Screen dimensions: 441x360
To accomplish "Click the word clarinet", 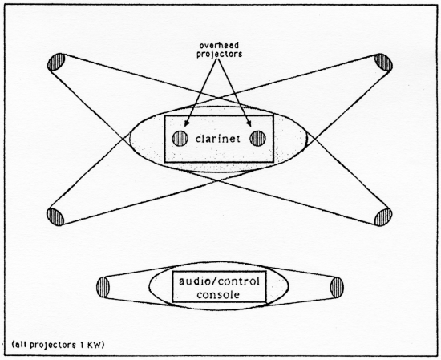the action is [218, 139].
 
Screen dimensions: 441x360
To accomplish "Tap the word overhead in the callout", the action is [219, 45].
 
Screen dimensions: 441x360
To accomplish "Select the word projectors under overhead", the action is [219, 54].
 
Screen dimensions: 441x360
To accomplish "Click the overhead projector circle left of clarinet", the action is [180, 139].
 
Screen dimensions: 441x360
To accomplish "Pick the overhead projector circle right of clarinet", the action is [258, 139].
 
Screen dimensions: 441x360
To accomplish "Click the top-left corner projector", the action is [56, 63].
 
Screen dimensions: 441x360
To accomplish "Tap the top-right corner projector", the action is [383, 63].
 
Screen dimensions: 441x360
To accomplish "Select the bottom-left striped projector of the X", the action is [55, 216].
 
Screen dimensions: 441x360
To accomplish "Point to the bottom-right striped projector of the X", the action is [383, 217].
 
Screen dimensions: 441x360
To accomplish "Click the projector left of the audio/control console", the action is [103, 287].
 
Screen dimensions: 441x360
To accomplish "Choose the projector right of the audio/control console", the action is [337, 287].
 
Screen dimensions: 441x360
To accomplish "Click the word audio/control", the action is [219, 281].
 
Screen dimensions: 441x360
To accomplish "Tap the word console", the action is [218, 295].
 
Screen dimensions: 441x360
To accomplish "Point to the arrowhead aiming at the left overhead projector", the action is [186, 123].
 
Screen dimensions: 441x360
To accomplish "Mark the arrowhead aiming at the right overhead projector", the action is [249, 123].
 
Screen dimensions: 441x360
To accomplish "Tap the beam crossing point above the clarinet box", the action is [219, 99].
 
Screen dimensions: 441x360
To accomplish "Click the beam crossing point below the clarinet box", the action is [219, 181].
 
